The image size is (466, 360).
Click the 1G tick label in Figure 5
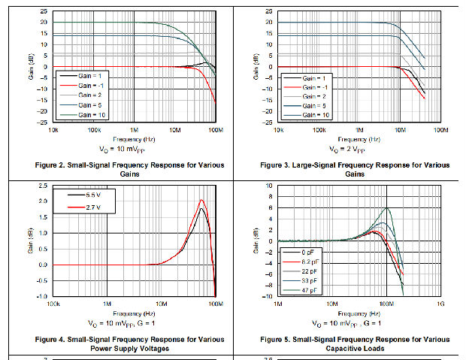pos(440,303)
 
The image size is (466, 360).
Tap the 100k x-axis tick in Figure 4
pos(53,303)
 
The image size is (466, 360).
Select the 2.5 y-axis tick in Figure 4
pos(44,185)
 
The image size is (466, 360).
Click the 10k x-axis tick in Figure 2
pos(53,130)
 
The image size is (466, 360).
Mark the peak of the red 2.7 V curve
pos(201,200)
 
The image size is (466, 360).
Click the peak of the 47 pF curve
pos(386,208)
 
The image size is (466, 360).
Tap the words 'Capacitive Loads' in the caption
pos(356,348)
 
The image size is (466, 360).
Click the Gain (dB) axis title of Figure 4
pos(31,240)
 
